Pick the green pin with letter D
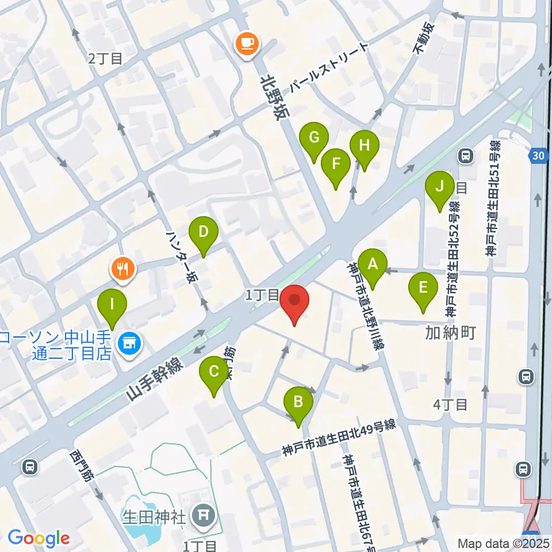pos(204,233)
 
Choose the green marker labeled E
pos(423,287)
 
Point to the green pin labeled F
pos(336,164)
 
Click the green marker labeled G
pos(314,139)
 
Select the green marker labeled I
pos(112,303)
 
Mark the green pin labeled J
pos(440,187)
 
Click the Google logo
pos(39,539)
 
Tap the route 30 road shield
pos(538,155)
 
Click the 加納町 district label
pos(451,332)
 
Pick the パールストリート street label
pos(328,68)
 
